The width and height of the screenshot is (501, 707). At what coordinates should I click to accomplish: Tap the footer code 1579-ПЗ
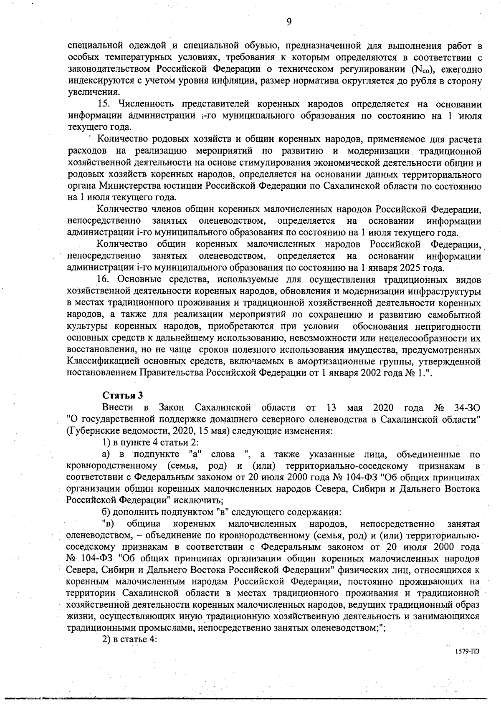click(x=466, y=662)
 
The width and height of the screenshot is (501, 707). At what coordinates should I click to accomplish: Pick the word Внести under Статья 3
click(x=118, y=407)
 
